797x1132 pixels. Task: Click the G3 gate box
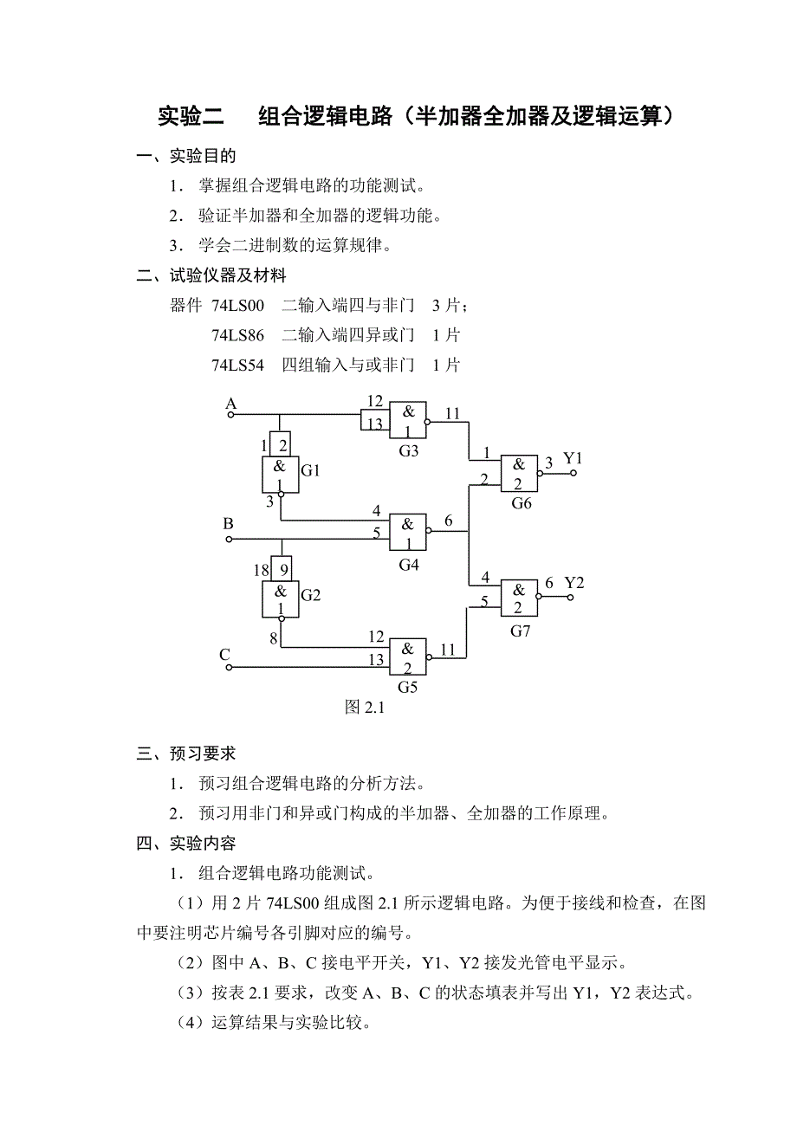point(407,421)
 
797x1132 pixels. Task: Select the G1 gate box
point(280,475)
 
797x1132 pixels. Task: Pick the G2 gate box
point(280,599)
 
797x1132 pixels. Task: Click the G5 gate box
point(407,657)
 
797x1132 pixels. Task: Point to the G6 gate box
point(519,474)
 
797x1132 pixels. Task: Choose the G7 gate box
point(519,598)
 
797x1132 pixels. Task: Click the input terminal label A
point(230,404)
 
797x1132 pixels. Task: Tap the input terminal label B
point(229,524)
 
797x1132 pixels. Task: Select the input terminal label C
point(225,655)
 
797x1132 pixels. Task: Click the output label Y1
point(573,457)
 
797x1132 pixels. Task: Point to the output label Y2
point(574,583)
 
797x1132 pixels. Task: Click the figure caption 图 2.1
point(364,708)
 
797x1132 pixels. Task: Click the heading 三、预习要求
point(186,754)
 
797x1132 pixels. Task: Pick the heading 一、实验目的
point(186,156)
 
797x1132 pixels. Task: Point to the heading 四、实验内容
point(186,843)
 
